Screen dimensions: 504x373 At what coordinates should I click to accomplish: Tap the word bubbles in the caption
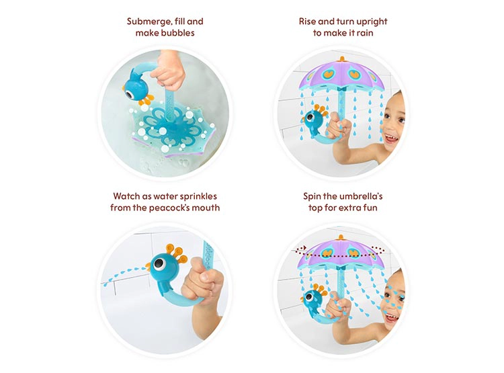178,33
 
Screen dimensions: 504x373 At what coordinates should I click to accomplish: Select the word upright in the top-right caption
372,22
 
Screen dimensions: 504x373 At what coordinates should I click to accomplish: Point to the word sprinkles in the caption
198,196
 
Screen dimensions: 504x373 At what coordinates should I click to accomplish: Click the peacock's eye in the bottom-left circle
159,263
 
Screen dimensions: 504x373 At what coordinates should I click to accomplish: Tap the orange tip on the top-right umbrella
341,59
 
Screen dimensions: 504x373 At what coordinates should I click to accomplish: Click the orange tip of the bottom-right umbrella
341,238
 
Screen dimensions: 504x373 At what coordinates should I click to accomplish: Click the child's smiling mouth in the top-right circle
391,140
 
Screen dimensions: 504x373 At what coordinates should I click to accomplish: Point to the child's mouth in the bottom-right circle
392,318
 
